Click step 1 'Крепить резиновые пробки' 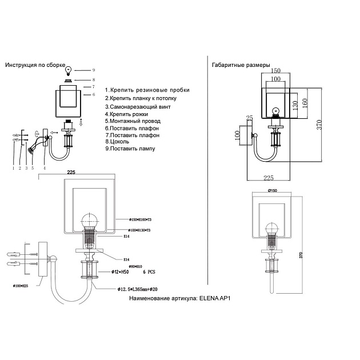click(x=147, y=90)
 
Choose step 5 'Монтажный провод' click(x=133, y=121)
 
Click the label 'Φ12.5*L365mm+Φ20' click(x=138, y=290)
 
